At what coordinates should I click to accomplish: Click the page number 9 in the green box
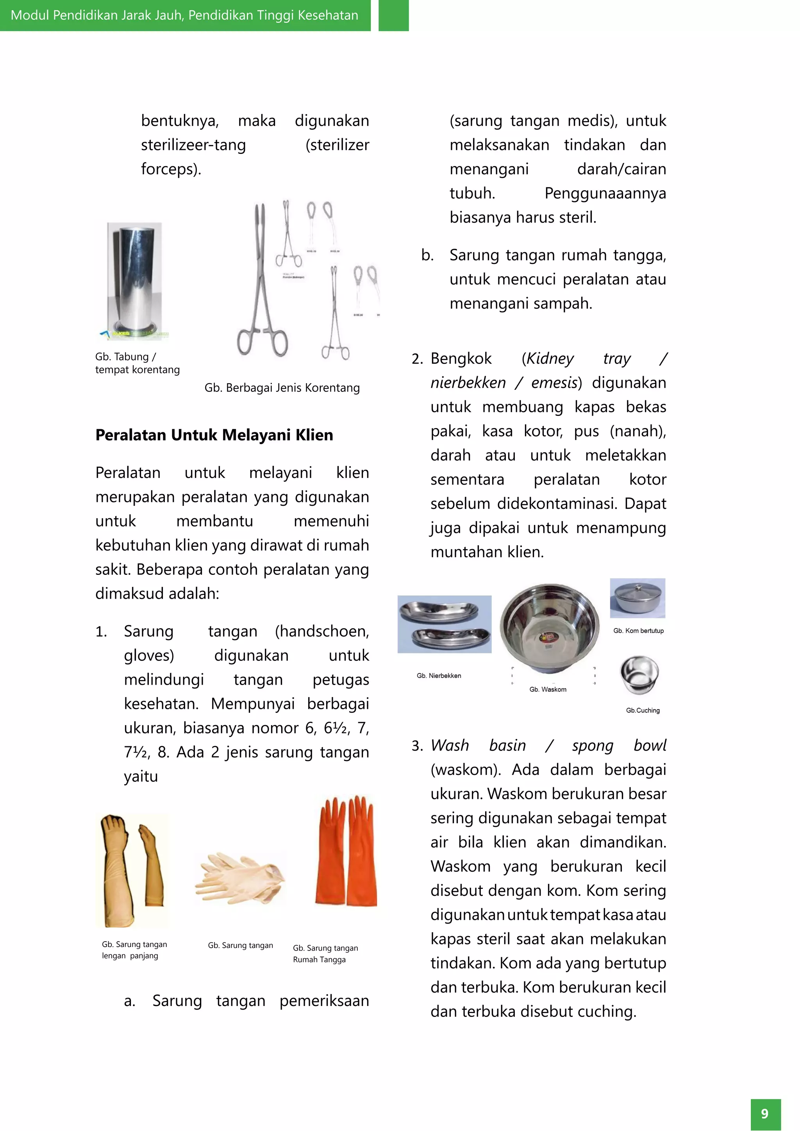click(764, 1114)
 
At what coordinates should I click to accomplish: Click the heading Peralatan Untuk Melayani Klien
click(214, 435)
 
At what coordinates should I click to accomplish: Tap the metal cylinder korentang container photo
click(134, 281)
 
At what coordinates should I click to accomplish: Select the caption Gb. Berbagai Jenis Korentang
click(282, 388)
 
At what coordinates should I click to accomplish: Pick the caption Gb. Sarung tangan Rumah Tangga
click(325, 954)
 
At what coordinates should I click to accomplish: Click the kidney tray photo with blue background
click(444, 624)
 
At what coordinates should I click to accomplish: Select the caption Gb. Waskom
click(548, 689)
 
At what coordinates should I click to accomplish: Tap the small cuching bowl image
click(639, 674)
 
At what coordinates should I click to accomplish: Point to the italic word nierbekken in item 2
click(468, 383)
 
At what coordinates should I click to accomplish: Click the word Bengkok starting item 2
click(461, 359)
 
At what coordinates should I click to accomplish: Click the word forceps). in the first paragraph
click(171, 169)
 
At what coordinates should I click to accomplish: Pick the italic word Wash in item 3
click(449, 745)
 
